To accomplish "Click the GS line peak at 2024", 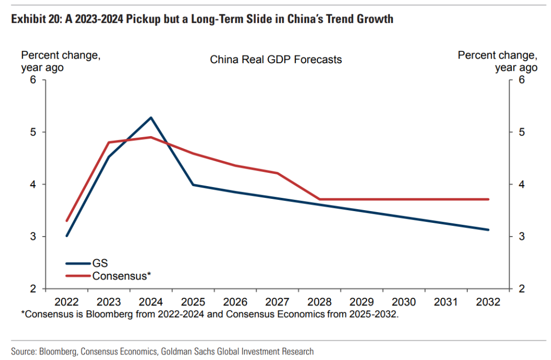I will [151, 117].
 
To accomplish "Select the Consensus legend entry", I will [122, 276].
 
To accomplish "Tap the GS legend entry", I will [100, 264].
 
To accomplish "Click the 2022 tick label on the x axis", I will [66, 302].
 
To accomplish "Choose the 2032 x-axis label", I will [488, 302].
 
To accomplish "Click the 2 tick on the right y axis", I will [521, 289].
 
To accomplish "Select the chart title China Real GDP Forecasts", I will [275, 60].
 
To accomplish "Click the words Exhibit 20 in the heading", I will [34, 19].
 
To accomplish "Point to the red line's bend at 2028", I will [320, 199].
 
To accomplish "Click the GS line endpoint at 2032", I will [488, 229].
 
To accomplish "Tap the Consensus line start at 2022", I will [67, 221].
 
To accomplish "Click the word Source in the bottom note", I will [23, 351].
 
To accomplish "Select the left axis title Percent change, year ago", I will [60, 61].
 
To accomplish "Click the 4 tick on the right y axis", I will [521, 184].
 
